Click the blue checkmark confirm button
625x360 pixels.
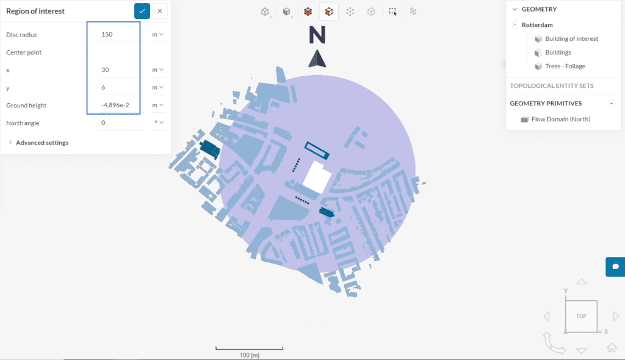[142, 11]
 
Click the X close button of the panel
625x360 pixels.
[160, 11]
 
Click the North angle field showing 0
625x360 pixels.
[122, 123]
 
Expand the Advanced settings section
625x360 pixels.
[42, 143]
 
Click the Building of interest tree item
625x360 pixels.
[571, 39]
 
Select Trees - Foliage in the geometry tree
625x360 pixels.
[565, 67]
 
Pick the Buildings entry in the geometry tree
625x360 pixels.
[558, 53]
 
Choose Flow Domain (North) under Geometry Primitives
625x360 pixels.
[560, 120]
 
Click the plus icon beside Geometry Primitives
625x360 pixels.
[612, 104]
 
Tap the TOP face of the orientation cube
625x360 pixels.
[581, 316]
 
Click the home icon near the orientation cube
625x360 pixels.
[611, 347]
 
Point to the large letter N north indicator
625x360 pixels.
[317, 36]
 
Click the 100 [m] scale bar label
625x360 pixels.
[249, 355]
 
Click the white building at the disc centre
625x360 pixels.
[317, 178]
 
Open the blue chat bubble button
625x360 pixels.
[615, 267]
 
